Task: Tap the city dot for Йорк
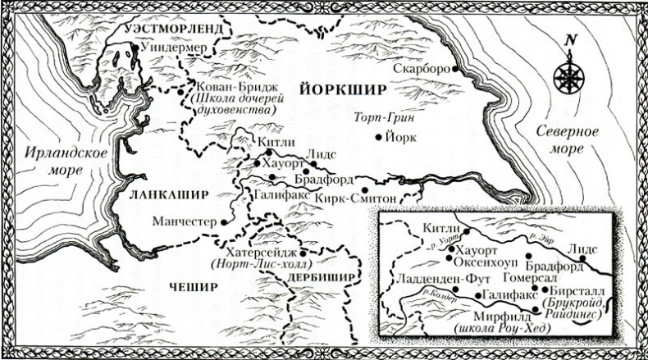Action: pyautogui.click(x=378, y=138)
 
